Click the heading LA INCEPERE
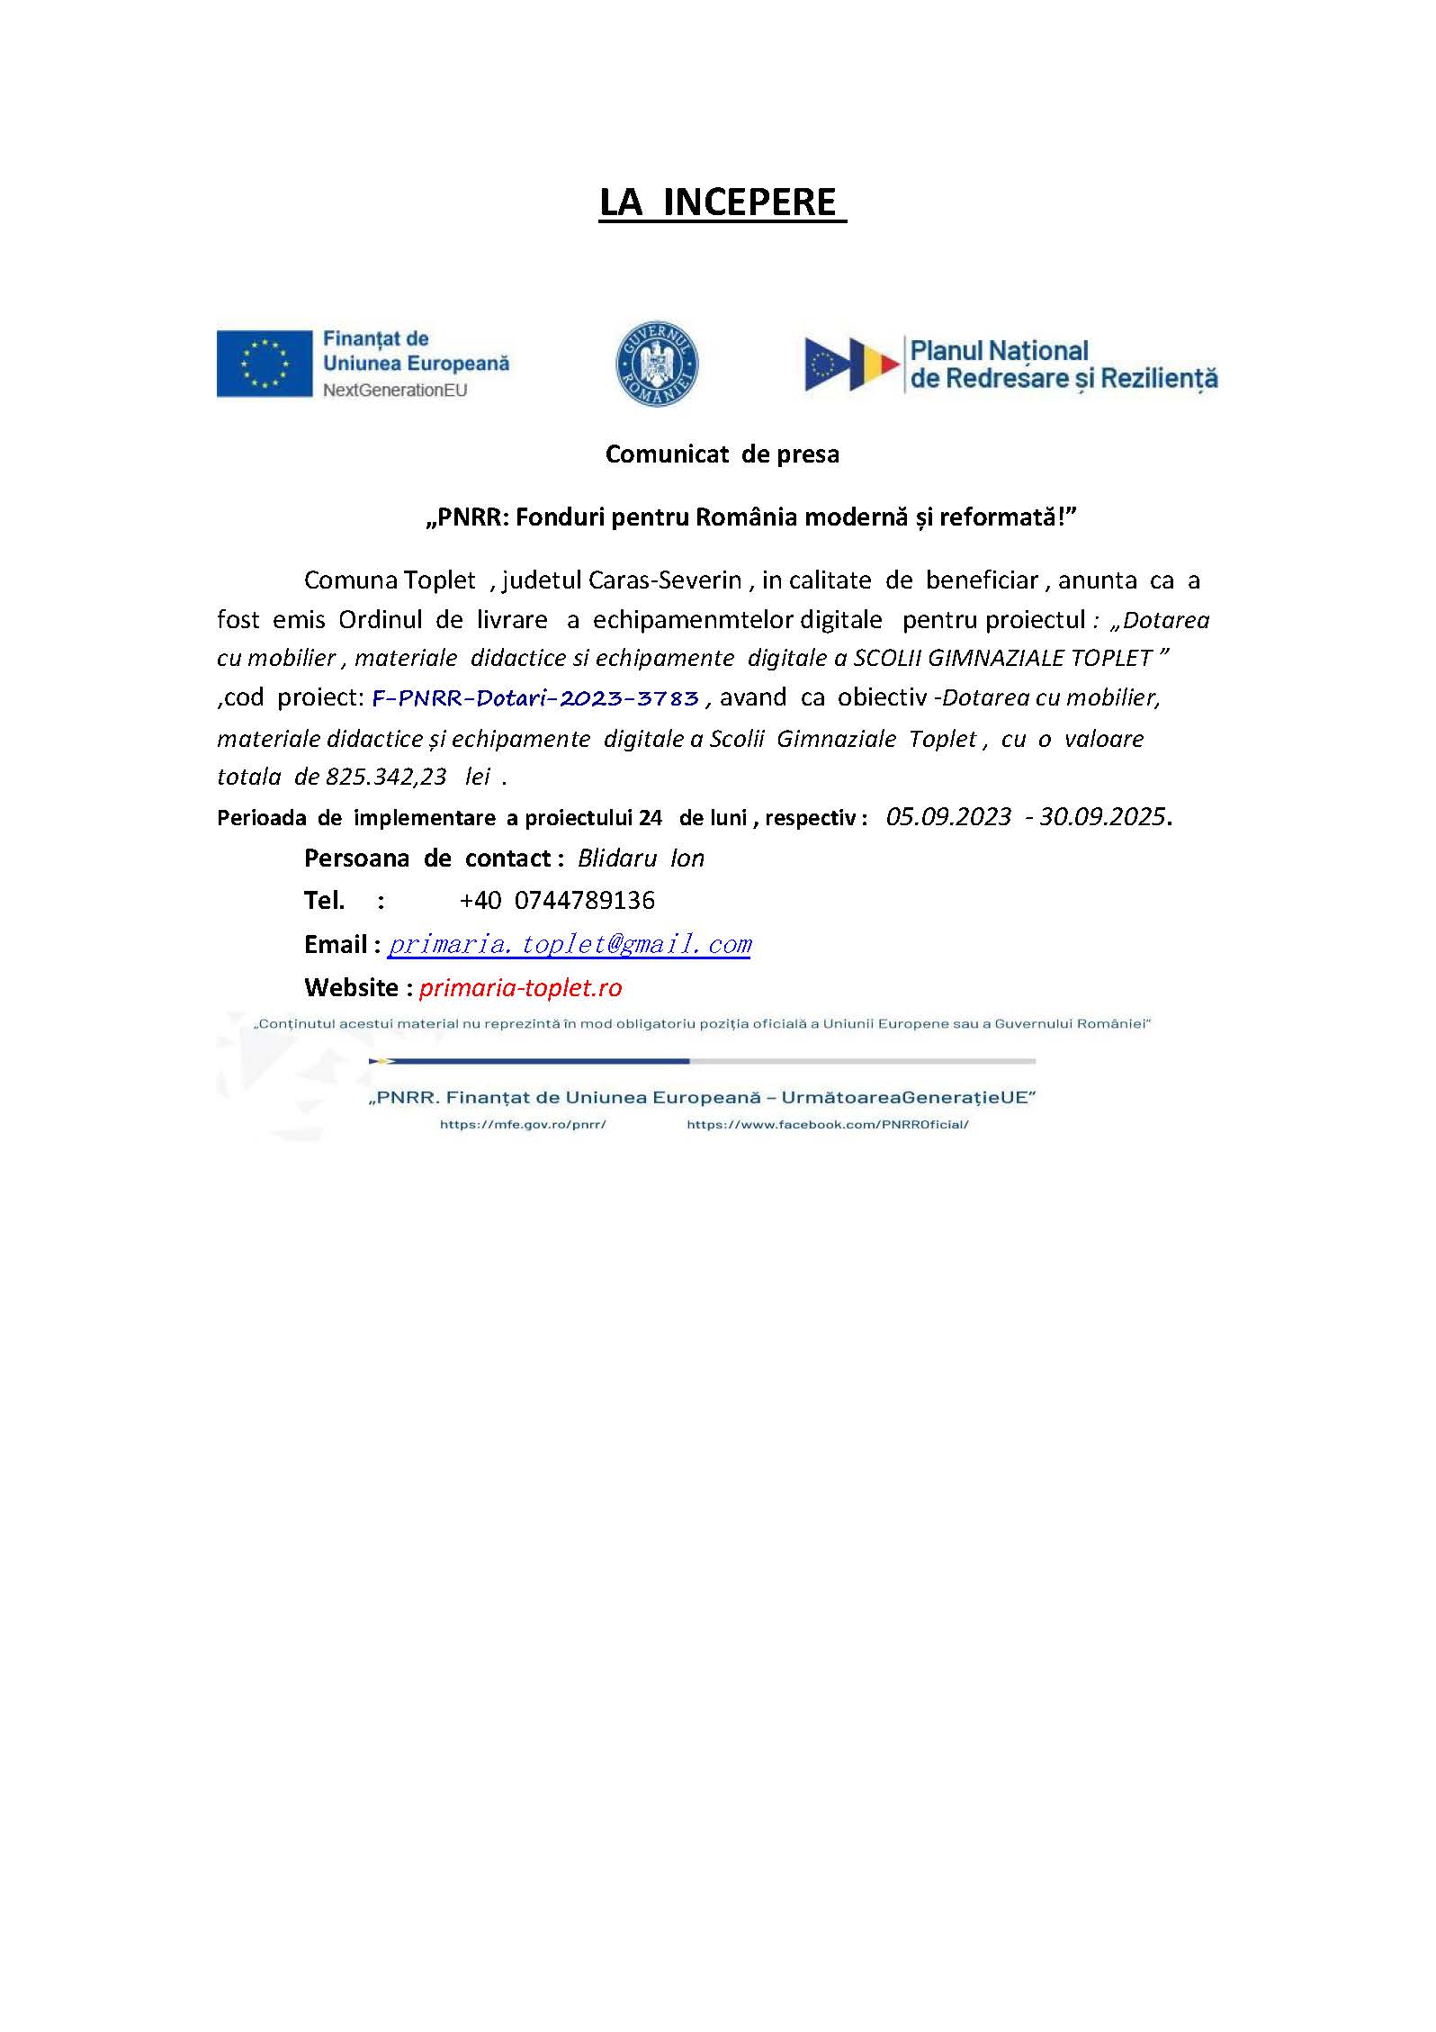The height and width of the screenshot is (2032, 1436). click(x=722, y=202)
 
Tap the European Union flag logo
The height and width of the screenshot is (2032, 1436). click(x=264, y=364)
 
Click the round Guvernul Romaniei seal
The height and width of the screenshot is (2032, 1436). click(x=657, y=364)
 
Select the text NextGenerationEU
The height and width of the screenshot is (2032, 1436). click(x=395, y=391)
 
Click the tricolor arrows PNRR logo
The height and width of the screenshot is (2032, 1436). click(x=851, y=364)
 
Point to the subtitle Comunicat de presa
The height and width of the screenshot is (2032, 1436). click(x=722, y=454)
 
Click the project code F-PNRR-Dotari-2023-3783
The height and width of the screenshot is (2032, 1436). click(x=535, y=698)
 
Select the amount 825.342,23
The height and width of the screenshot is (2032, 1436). click(x=386, y=777)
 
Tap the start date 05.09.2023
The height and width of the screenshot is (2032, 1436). click(x=948, y=817)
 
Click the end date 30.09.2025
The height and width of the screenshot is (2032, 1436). click(x=1102, y=817)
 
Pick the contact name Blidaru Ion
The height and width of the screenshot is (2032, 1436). click(x=641, y=859)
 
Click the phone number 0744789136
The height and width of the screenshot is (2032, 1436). click(x=585, y=901)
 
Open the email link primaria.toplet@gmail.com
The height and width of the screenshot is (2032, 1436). click(x=570, y=944)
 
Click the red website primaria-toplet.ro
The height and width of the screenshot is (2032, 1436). click(x=521, y=988)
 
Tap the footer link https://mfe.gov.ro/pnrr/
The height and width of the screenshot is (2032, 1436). click(x=523, y=1125)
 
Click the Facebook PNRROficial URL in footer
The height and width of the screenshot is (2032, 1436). click(x=827, y=1125)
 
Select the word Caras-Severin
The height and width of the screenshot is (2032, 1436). click(x=665, y=580)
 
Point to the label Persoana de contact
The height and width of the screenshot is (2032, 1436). click(x=427, y=859)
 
